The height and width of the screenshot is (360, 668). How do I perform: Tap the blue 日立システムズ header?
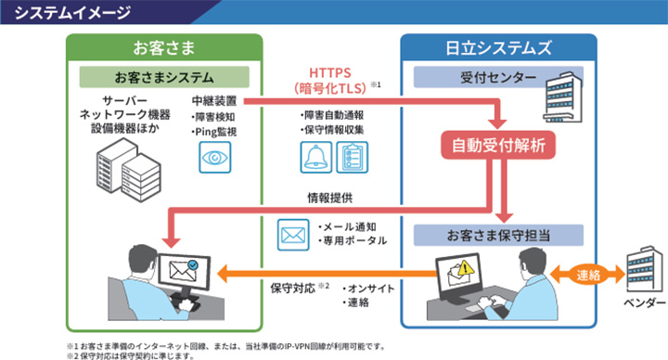point(498,46)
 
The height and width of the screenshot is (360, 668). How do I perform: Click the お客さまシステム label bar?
point(164,76)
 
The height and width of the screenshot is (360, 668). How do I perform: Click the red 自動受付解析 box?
point(497,144)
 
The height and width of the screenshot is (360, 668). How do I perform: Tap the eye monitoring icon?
point(214,159)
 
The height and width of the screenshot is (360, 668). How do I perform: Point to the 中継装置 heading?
point(213,100)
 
